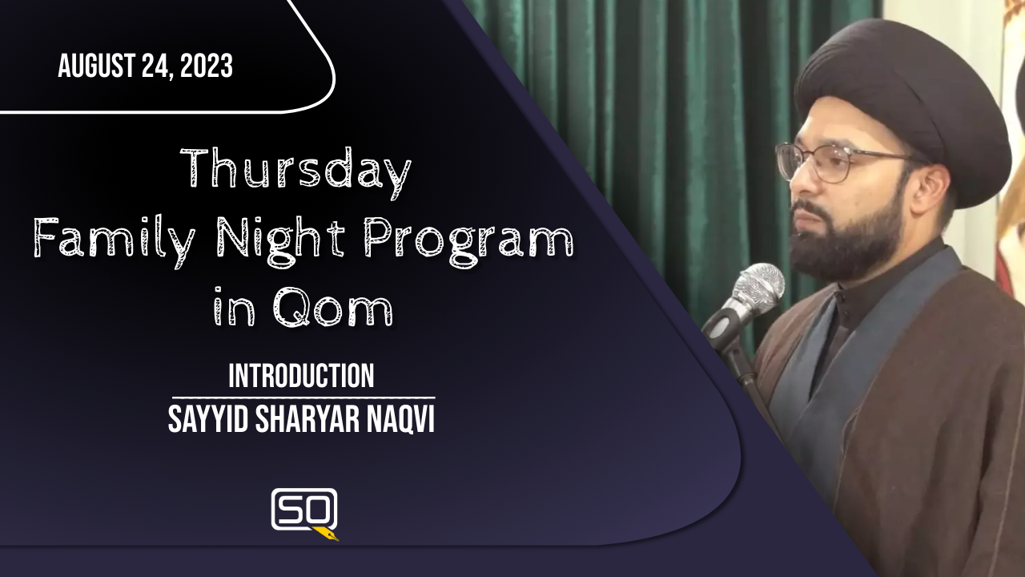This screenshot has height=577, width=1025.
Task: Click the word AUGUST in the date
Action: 96,65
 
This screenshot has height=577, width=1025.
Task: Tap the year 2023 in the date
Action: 207,65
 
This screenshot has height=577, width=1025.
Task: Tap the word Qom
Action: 332,307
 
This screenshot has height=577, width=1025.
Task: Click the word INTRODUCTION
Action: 301,376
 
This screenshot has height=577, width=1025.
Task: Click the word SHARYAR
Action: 306,418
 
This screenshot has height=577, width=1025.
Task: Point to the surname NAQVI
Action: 399,418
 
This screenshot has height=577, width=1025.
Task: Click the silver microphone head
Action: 758,284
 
